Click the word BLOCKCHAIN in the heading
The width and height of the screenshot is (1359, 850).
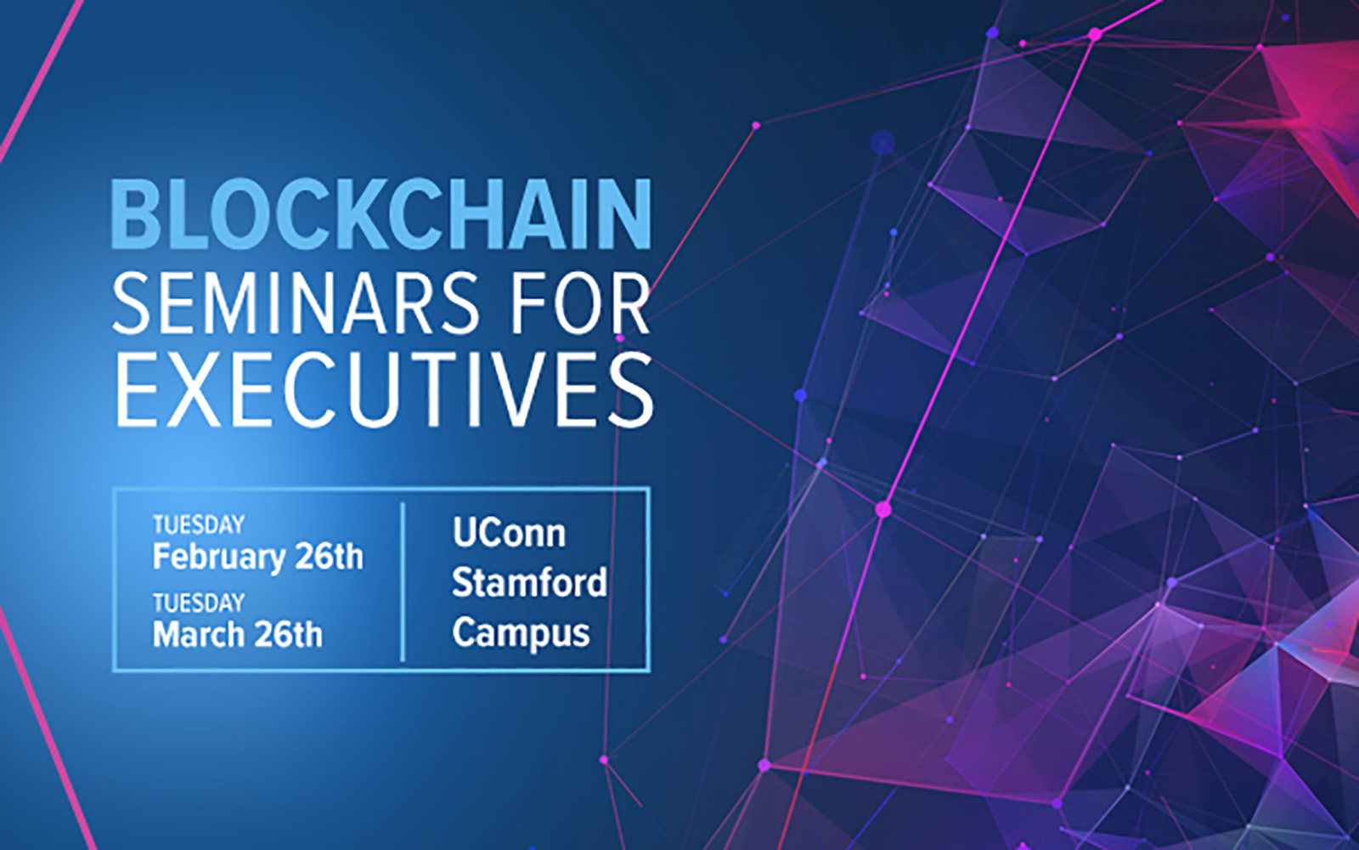pos(381,214)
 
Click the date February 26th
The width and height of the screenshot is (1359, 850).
pos(257,557)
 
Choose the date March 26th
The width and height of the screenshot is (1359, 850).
pos(238,634)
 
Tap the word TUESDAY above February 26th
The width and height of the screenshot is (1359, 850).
pos(199,524)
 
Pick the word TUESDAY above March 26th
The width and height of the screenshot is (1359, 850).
pos(199,603)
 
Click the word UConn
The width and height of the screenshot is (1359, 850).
pos(509,533)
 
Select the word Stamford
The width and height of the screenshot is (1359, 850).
pos(528,583)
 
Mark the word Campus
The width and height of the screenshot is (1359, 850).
pos(520,633)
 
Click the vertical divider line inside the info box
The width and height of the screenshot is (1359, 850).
pos(403,581)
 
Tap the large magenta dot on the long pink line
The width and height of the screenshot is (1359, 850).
pos(883,509)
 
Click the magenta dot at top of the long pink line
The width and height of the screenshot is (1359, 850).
pos(1095,34)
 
